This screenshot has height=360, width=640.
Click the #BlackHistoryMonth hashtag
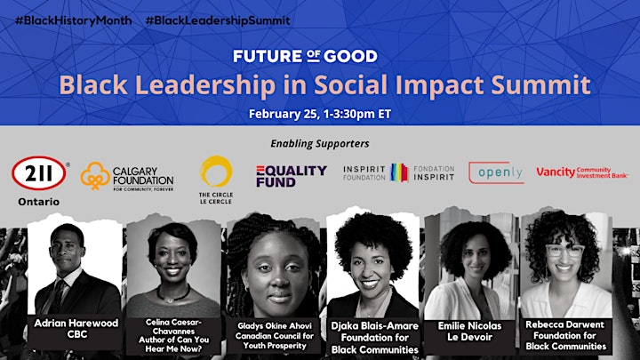pyautogui.click(x=74, y=20)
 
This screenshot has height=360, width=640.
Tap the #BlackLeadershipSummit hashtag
pyautogui.click(x=218, y=20)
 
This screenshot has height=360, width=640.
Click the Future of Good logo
pyautogui.click(x=305, y=56)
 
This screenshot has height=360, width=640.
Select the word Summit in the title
pyautogui.click(x=540, y=84)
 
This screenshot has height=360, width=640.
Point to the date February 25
pyautogui.click(x=284, y=114)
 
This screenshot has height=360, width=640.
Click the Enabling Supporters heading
pyautogui.click(x=320, y=143)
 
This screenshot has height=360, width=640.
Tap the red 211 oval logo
pyautogui.click(x=39, y=173)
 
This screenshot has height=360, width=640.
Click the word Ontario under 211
pyautogui.click(x=39, y=202)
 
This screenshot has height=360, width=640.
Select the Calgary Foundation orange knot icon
pyautogui.click(x=95, y=176)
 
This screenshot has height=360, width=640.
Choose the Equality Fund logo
pyautogui.click(x=292, y=176)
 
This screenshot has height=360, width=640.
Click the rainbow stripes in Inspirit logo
pyautogui.click(x=399, y=172)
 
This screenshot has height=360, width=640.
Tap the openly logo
pyautogui.click(x=496, y=172)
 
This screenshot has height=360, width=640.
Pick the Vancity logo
pyautogui.click(x=581, y=172)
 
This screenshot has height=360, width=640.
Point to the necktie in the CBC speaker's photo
pyautogui.click(x=58, y=297)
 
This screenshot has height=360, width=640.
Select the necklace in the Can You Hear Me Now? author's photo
pyautogui.click(x=173, y=294)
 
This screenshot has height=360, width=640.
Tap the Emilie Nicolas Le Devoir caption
pyautogui.click(x=469, y=332)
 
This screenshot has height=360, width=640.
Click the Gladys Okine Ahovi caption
pyautogui.click(x=275, y=336)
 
